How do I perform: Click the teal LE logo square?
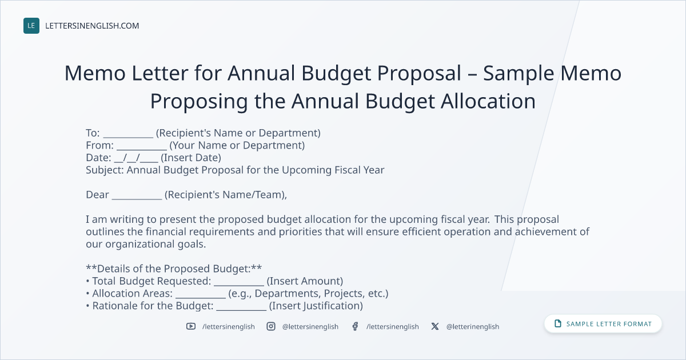click(x=31, y=26)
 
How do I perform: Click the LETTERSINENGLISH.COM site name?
click(x=92, y=26)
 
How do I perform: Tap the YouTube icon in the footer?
click(x=191, y=326)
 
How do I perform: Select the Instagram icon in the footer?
click(x=271, y=326)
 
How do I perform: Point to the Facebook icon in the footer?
click(x=355, y=326)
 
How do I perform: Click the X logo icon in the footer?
click(x=435, y=326)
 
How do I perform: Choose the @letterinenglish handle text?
click(x=473, y=327)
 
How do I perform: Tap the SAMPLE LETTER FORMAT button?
click(x=603, y=324)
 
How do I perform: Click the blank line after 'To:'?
click(x=128, y=137)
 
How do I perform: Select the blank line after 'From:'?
click(x=142, y=149)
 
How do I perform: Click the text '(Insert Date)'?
click(x=191, y=158)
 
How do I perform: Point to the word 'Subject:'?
click(x=105, y=170)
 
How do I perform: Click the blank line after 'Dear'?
click(x=137, y=199)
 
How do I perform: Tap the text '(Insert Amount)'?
click(x=305, y=281)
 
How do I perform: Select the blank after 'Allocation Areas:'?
click(x=200, y=298)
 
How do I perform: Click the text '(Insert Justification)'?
click(x=316, y=306)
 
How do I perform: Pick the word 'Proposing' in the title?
click(x=199, y=102)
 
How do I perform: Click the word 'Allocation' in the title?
click(x=488, y=101)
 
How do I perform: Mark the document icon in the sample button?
click(x=558, y=323)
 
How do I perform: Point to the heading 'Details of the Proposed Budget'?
click(x=174, y=269)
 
